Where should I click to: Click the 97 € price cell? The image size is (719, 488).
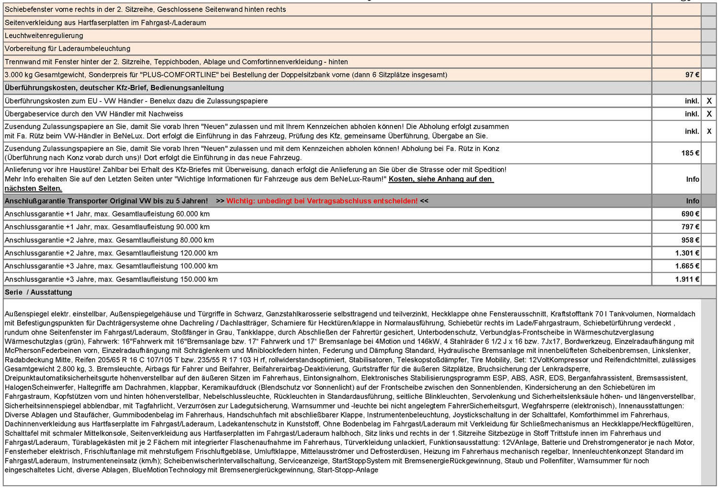pos(692,75)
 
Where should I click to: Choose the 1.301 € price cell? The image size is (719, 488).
pos(687,253)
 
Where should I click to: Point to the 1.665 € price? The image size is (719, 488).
pos(687,266)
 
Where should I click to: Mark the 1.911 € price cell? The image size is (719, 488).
pos(687,279)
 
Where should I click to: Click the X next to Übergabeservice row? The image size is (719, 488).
pos(709,114)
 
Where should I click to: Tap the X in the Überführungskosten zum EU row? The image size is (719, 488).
pos(709,101)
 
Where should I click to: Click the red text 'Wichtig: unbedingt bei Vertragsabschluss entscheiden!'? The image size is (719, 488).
pos(322,201)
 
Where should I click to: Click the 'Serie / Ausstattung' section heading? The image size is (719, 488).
pos(38,292)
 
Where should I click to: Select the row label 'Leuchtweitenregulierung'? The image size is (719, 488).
pos(44,35)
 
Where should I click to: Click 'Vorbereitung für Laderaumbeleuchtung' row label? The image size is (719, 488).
pos(68,48)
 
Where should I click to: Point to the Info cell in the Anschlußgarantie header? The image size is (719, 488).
pos(692,201)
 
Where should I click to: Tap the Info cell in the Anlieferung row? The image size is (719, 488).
pos(692,179)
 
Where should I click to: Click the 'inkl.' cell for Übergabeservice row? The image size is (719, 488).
pos(692,114)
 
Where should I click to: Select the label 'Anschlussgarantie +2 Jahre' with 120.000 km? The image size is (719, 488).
pos(111,253)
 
